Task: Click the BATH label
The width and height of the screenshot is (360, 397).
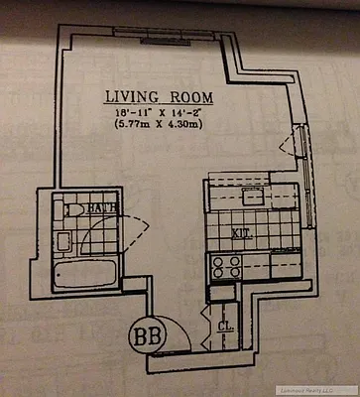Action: click(96, 208)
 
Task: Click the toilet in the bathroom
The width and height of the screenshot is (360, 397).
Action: click(71, 210)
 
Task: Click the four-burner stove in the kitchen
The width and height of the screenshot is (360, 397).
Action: click(226, 266)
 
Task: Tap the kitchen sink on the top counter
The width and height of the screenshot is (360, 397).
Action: click(252, 195)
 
